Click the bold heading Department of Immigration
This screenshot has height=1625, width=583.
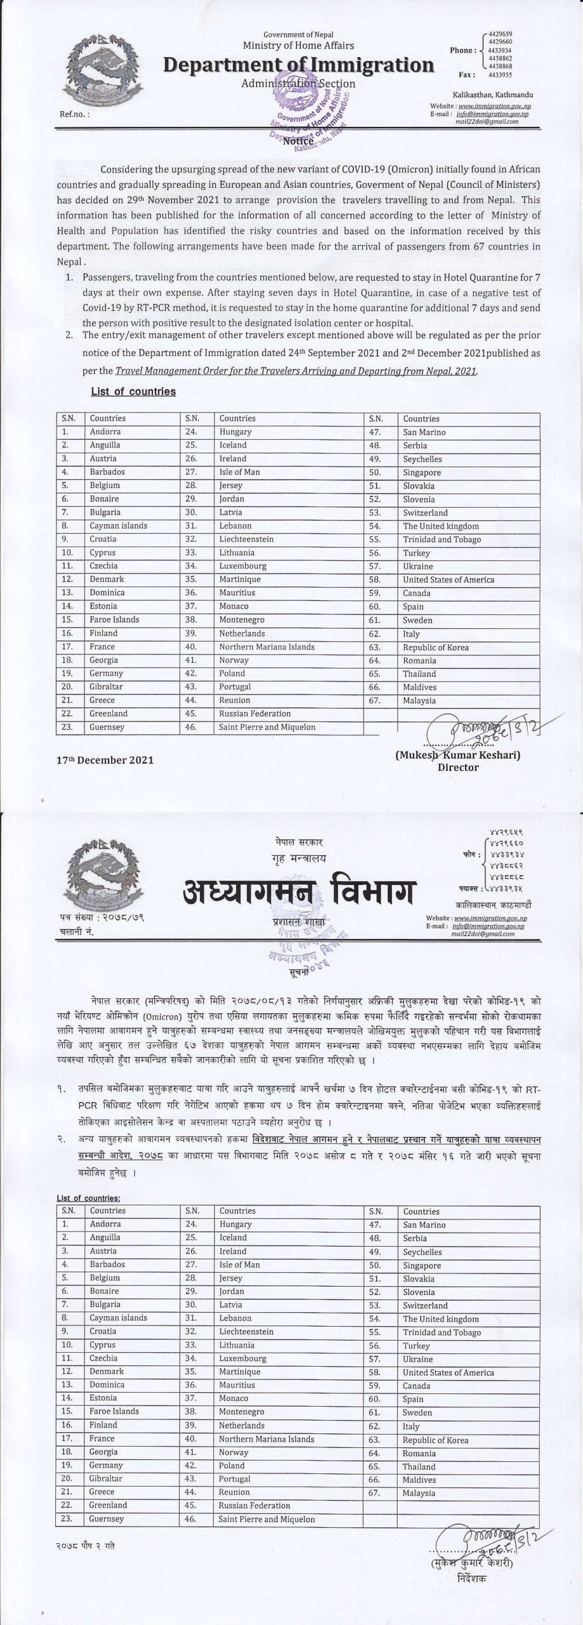click(298, 65)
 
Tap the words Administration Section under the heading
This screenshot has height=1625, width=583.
click(298, 83)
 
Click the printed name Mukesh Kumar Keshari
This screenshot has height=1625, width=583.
click(457, 755)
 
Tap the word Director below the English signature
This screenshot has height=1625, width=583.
click(458, 767)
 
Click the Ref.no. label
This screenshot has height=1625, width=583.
click(74, 115)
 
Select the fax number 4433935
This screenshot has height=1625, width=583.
click(498, 74)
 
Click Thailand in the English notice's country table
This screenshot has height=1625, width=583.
click(419, 674)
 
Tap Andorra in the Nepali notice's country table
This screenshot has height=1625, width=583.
click(105, 1224)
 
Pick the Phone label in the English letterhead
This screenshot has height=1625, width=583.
click(462, 50)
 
